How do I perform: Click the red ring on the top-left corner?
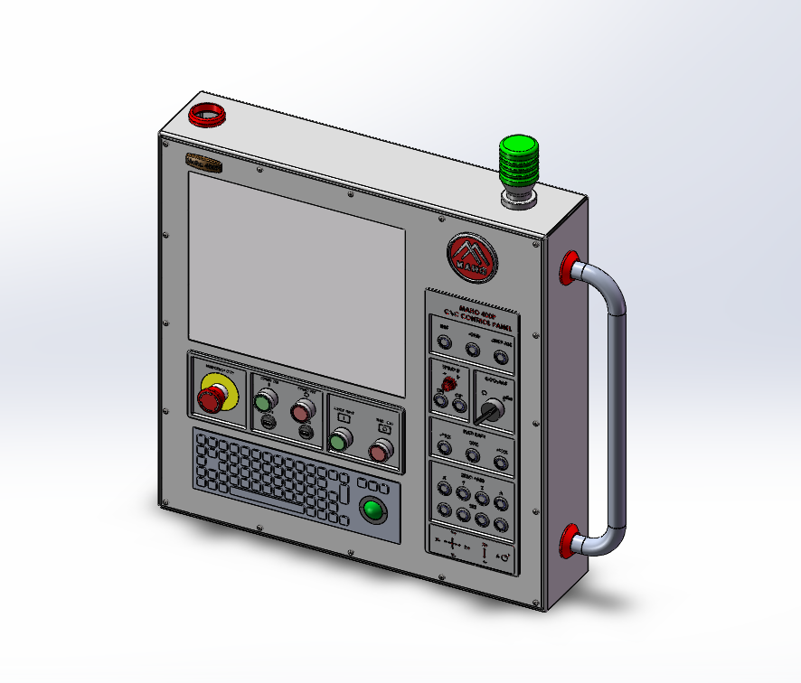tap(207, 116)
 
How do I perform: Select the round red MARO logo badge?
tap(472, 256)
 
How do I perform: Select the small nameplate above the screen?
tap(204, 164)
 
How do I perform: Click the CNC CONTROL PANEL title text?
tap(472, 318)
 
